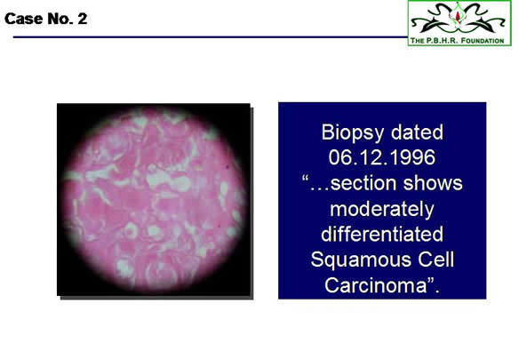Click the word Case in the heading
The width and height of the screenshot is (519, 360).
point(24,19)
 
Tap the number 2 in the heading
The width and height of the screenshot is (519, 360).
point(83,19)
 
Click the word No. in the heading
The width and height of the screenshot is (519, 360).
point(60,19)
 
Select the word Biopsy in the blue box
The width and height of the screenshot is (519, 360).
point(353,133)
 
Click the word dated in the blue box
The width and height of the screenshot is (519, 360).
point(417,132)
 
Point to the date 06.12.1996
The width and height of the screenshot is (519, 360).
point(382,157)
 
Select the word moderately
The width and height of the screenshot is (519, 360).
point(382,210)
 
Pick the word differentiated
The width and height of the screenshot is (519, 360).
point(382,234)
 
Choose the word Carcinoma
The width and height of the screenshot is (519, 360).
point(376,284)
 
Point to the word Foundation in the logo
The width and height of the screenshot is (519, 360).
point(483,41)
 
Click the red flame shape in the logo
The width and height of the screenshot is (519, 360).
point(458,16)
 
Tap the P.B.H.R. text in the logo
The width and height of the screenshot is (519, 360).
point(443,41)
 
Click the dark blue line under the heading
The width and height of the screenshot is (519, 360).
point(211,36)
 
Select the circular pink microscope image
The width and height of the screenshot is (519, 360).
point(155,200)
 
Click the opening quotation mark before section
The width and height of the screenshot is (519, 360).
point(305,178)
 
